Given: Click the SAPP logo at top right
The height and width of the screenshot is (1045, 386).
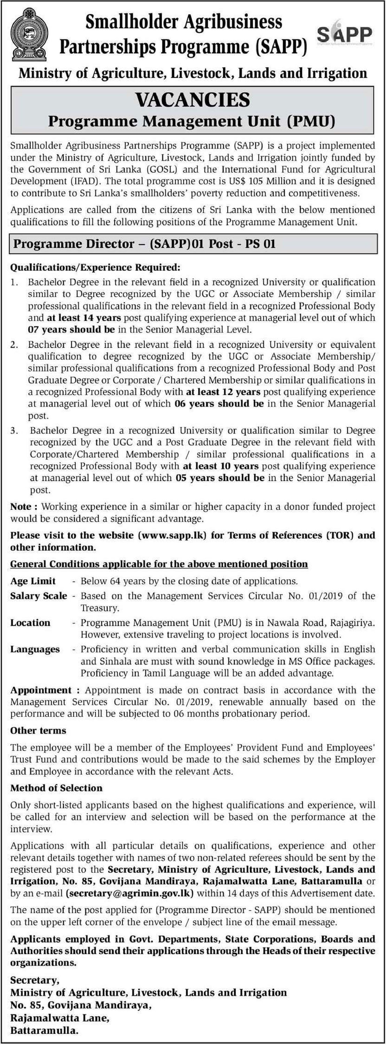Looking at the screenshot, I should coord(344,35).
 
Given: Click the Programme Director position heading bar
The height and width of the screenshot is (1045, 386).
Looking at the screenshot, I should coord(144,244).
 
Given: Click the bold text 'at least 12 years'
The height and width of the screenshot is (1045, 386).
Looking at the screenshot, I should coord(223,392).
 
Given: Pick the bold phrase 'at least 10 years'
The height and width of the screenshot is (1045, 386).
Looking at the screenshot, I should coord(221,466).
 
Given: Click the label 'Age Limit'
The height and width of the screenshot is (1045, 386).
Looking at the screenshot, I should coord(33,581).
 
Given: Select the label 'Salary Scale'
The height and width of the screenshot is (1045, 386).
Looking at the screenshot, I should coord(39,596).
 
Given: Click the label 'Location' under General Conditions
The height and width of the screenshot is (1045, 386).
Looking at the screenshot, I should coord(30,623).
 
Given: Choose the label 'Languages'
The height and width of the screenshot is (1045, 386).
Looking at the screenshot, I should coord(35,650).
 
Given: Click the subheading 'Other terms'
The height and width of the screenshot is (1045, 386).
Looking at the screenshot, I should coord(38,730).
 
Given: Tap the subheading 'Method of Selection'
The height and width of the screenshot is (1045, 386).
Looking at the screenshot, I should coord(56,788).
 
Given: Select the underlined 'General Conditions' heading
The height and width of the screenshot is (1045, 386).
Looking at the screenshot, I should coord(159,564).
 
